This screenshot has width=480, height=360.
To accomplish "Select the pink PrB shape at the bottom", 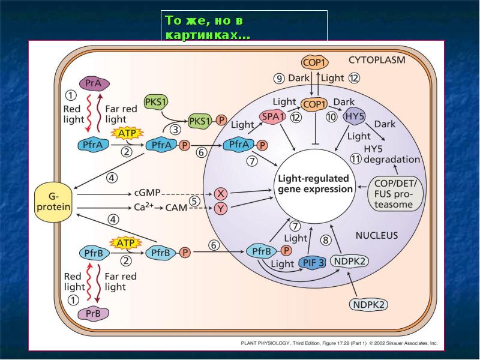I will click(x=93, y=313).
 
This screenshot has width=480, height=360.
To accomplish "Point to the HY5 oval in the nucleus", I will click(x=355, y=117).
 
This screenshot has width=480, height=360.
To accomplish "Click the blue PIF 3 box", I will click(x=313, y=263).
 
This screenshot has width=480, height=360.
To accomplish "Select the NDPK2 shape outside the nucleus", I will click(x=368, y=304).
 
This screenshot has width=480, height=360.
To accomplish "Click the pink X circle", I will click(x=221, y=194).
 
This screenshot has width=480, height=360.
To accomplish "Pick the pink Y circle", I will click(x=221, y=208).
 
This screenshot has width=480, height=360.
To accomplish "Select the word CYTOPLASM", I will click(x=377, y=60).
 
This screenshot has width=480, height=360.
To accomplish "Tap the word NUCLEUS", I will click(x=376, y=236).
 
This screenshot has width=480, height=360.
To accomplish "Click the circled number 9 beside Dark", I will click(x=279, y=79).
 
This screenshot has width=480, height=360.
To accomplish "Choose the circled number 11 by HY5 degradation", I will click(x=356, y=159).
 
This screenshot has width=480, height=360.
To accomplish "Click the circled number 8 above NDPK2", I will click(x=326, y=240).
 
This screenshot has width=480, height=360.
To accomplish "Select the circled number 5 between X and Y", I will click(x=194, y=200).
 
